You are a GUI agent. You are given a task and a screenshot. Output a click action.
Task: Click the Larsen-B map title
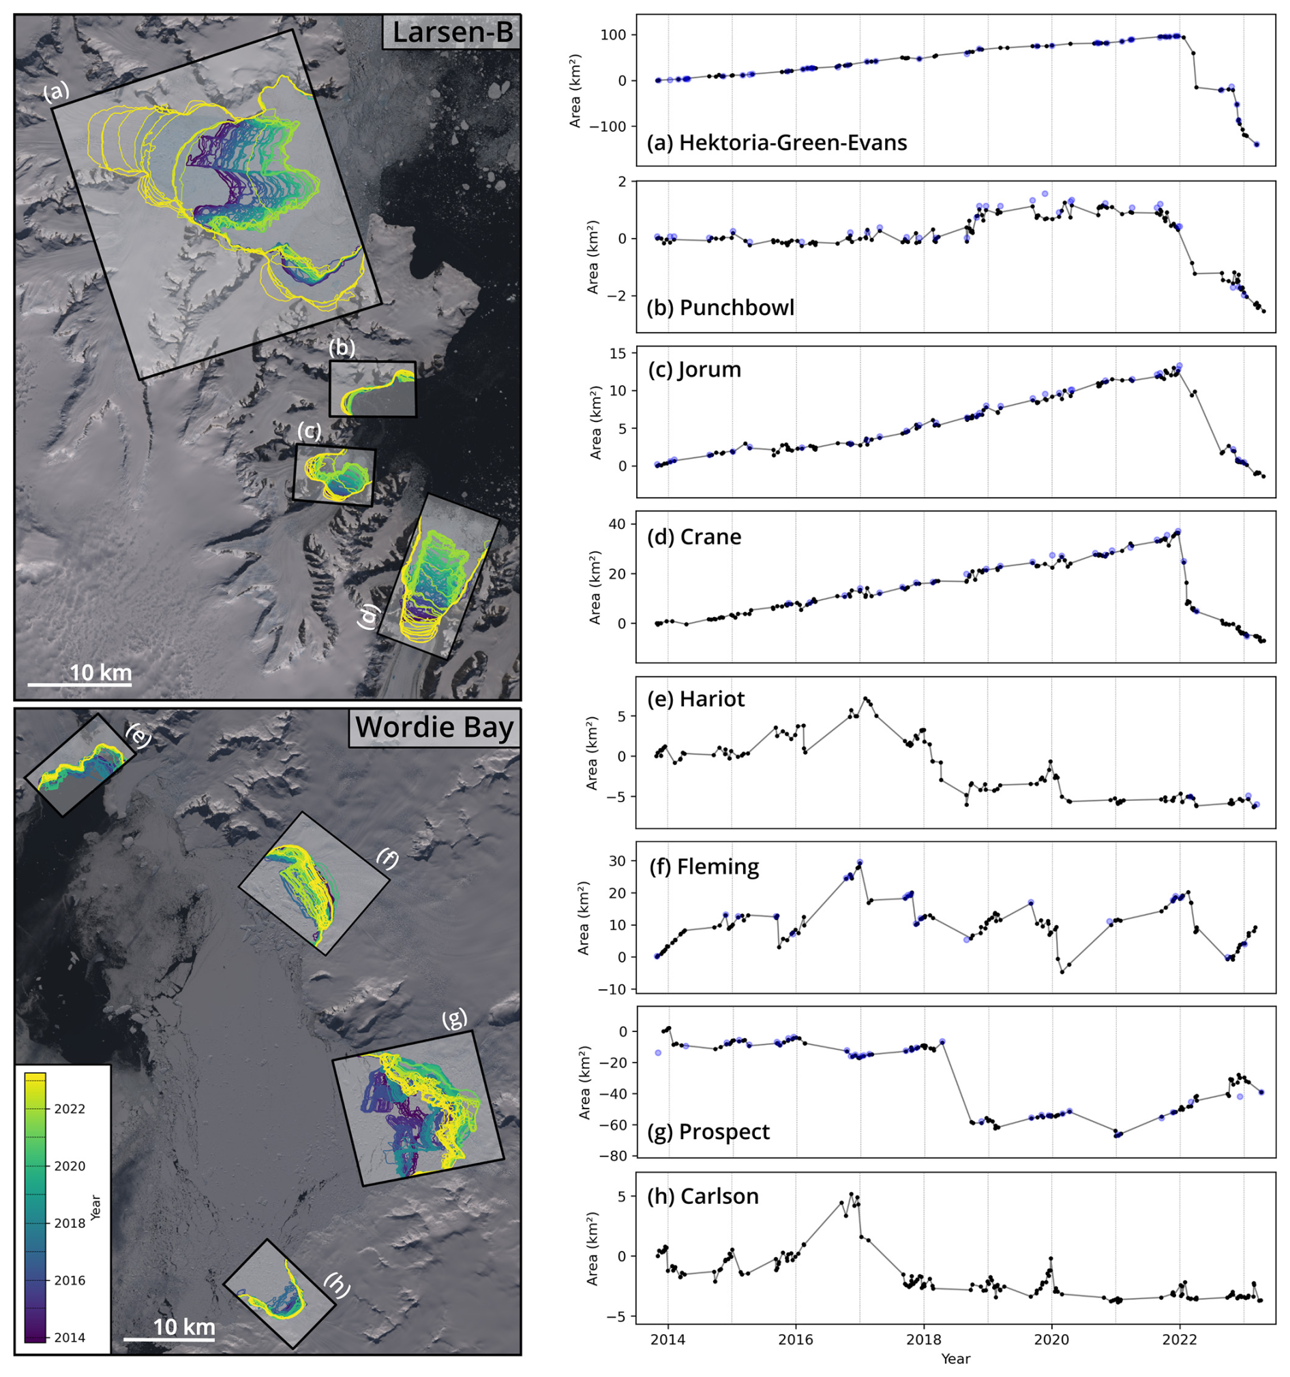pyautogui.click(x=452, y=33)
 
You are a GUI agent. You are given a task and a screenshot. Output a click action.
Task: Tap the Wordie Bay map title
pyautogui.click(x=434, y=728)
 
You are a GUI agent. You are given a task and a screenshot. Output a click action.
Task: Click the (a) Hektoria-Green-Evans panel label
pyautogui.click(x=776, y=142)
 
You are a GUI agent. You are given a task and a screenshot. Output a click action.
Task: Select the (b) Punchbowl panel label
pyautogui.click(x=720, y=307)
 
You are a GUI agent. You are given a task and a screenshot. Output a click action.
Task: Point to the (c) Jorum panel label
pyautogui.click(x=694, y=369)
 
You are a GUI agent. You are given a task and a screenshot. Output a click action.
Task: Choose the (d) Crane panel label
pyautogui.click(x=693, y=536)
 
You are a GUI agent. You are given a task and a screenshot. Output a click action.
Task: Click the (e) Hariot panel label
pyautogui.click(x=695, y=699)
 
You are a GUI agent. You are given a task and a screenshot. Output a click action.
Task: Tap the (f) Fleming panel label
pyautogui.click(x=704, y=866)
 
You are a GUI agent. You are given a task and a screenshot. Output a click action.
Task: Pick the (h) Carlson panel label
pyautogui.click(x=702, y=1196)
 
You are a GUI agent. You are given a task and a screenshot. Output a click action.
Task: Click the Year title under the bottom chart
pyautogui.click(x=955, y=1359)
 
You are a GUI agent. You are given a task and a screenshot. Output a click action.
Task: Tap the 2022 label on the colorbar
pyautogui.click(x=70, y=1109)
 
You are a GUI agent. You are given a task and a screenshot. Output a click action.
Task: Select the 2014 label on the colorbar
pyautogui.click(x=70, y=1337)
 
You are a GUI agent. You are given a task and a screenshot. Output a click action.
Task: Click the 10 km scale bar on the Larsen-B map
pyautogui.click(x=80, y=682)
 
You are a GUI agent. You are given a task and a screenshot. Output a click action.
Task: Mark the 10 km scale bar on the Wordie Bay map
pyautogui.click(x=170, y=1337)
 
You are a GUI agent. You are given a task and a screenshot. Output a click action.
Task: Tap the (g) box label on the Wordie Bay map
pyautogui.click(x=454, y=1018)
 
